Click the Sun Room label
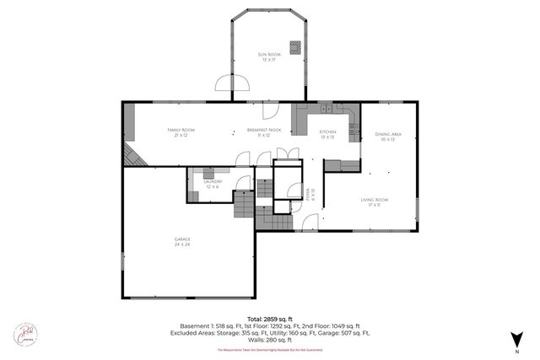(x=269, y=57)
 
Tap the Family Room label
(x=181, y=132)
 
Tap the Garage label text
(x=182, y=242)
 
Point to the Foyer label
(x=310, y=197)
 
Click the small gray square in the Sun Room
(x=295, y=47)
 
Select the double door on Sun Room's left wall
(x=232, y=82)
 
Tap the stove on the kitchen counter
(x=354, y=131)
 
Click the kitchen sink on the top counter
(x=327, y=109)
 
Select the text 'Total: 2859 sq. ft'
(x=269, y=319)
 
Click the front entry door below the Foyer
(x=309, y=223)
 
